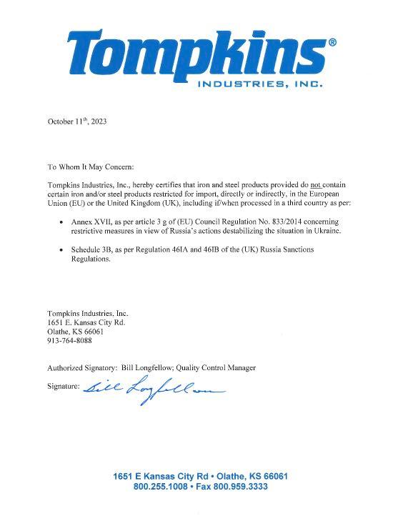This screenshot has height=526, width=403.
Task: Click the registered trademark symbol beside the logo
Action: coord(331,42)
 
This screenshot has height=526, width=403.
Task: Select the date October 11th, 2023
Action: coord(77,121)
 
